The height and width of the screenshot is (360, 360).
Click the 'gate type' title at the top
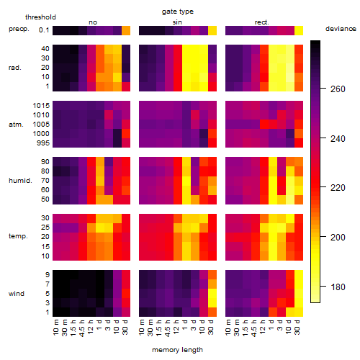click(178, 12)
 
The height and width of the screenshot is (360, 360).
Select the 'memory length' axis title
click(177, 350)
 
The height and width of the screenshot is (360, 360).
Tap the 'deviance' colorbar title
click(341, 29)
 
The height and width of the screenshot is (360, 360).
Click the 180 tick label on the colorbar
click(338, 287)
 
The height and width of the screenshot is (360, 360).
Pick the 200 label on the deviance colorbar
click(338, 238)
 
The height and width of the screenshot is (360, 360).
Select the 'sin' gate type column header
click(177, 22)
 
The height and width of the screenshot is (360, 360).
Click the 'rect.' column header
click(261, 22)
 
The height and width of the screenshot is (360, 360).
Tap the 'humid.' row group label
click(20, 181)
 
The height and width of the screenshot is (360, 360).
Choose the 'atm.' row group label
click(16, 125)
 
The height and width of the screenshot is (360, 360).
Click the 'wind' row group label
click(17, 294)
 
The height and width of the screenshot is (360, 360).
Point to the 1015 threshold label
click(41, 106)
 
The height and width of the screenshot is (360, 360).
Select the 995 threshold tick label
click(43, 143)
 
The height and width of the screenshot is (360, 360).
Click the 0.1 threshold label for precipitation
click(44, 30)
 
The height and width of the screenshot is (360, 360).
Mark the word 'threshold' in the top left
click(40, 17)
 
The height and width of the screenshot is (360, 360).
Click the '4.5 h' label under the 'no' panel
click(81, 328)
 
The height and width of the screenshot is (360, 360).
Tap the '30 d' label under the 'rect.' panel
click(297, 328)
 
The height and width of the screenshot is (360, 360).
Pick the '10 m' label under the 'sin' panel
click(142, 328)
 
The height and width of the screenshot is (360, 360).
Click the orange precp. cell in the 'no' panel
click(126, 30)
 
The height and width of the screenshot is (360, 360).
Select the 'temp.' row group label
click(18, 236)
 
